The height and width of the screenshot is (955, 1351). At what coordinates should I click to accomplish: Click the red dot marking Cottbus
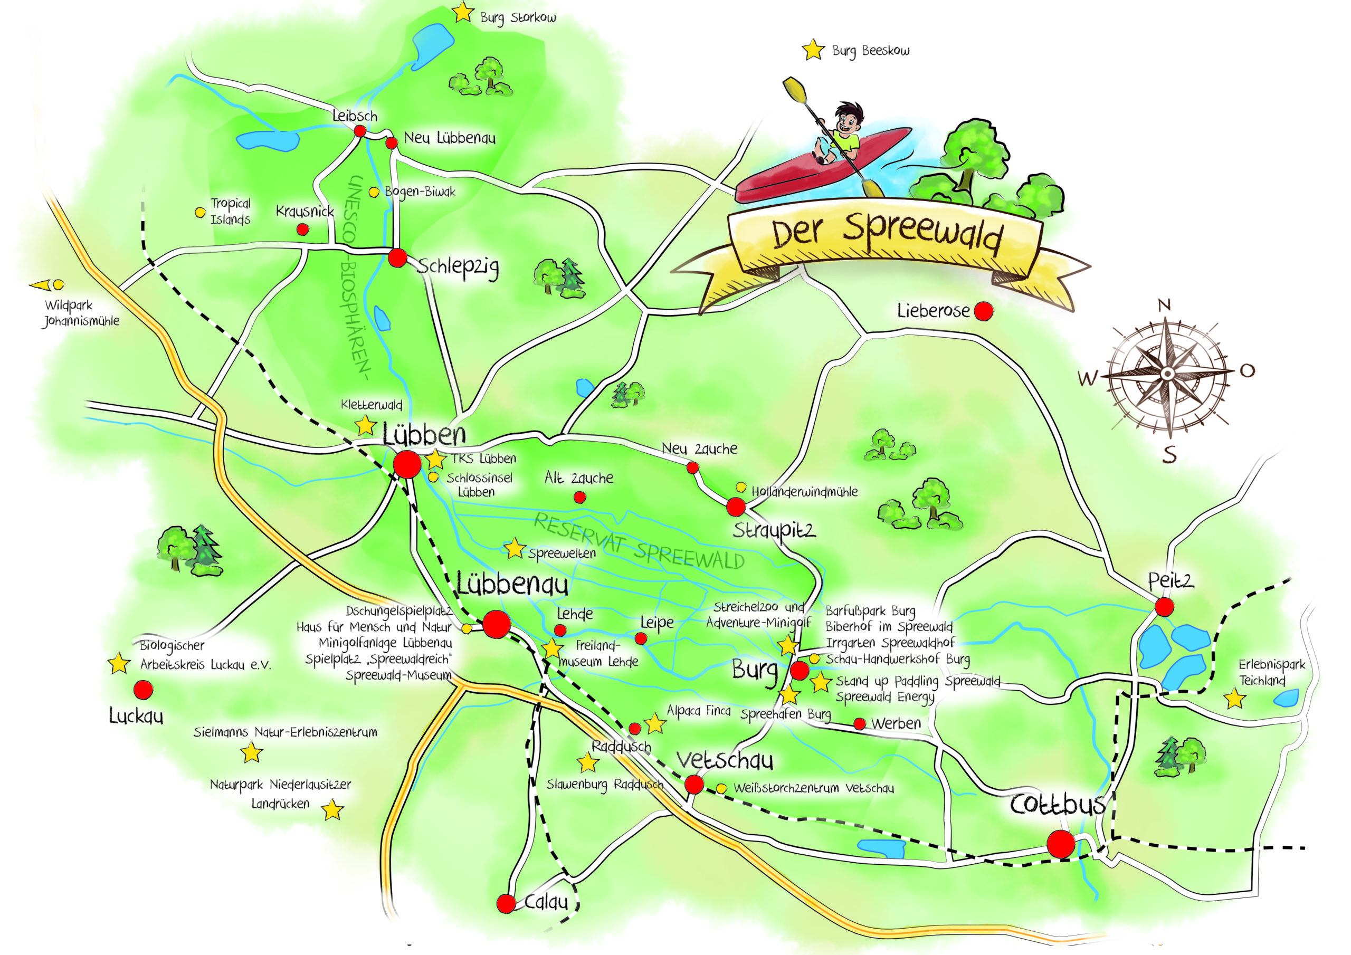[x=1060, y=844]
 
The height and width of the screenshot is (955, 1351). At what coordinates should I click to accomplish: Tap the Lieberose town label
[x=933, y=311]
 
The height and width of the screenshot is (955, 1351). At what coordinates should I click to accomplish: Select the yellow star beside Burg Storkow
[x=463, y=12]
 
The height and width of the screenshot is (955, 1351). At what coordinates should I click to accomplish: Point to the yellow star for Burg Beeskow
[x=813, y=50]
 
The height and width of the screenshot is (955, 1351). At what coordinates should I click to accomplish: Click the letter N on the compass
[x=1164, y=305]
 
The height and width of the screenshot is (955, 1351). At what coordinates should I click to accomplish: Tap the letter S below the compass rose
[x=1170, y=455]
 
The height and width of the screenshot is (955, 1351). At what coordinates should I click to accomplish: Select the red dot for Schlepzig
[x=398, y=257]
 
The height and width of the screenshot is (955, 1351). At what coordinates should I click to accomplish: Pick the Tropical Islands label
[x=231, y=211]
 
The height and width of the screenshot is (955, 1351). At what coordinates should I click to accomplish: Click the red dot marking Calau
[x=506, y=903]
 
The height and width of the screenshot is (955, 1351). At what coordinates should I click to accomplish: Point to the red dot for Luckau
[x=143, y=690]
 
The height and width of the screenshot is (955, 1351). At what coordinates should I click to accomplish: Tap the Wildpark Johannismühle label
[x=81, y=313]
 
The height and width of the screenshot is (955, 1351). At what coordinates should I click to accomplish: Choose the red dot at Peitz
[x=1164, y=607]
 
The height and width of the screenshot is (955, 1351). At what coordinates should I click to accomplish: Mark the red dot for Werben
[x=860, y=724]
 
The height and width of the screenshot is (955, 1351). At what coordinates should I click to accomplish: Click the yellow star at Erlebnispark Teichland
[x=1234, y=699]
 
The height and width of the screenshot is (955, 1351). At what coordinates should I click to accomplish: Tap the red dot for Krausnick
[x=302, y=229]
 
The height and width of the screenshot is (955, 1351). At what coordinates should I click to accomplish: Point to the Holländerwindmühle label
[x=804, y=491]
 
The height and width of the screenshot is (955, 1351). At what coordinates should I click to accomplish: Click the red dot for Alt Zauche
[x=579, y=497]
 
